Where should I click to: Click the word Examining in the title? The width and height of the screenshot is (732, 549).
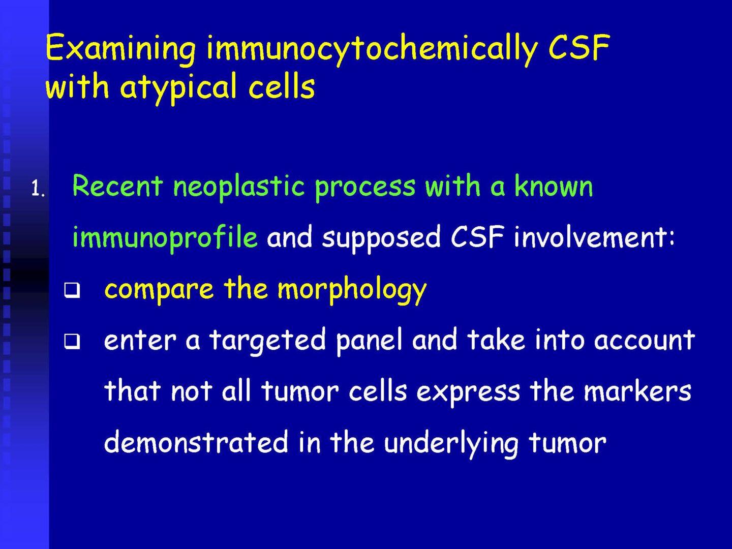click(120, 48)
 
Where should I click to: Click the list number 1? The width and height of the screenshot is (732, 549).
click(38, 189)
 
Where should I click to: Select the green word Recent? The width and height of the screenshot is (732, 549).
click(117, 186)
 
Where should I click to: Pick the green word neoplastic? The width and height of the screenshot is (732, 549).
click(239, 187)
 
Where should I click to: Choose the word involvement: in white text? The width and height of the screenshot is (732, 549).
click(594, 237)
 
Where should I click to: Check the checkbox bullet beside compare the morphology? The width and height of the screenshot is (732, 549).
click(72, 290)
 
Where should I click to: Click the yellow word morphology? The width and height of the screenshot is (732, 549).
click(352, 289)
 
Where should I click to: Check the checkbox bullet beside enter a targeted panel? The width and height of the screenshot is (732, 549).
click(72, 341)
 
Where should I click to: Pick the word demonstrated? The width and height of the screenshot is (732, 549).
click(196, 442)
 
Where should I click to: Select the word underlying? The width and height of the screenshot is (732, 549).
click(451, 443)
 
